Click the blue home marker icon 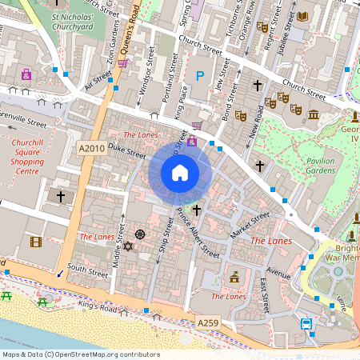tap(180, 172)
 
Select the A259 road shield tap(207, 322)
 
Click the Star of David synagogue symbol tap(126, 246)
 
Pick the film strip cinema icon tap(36, 241)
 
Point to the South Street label tap(87, 270)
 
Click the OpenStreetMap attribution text tap(80, 354)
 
